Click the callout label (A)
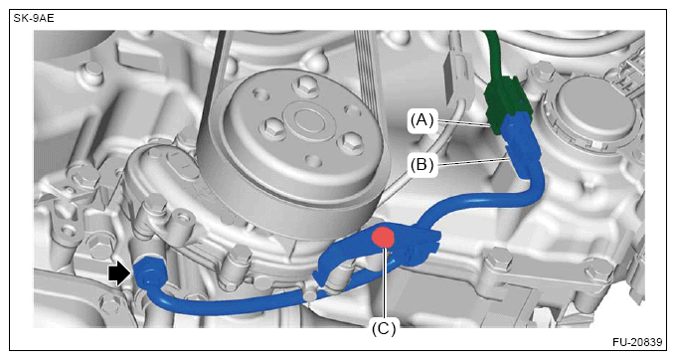[x=422, y=120]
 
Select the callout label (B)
[x=422, y=164]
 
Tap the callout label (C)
[x=384, y=329]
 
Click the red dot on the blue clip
[x=384, y=238]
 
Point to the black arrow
[x=119, y=274]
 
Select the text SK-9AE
[x=34, y=19]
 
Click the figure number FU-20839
[x=637, y=342]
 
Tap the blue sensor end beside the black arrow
[x=149, y=272]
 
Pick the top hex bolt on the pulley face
[x=303, y=84]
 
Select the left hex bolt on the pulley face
[x=271, y=127]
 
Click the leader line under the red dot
[x=384, y=283]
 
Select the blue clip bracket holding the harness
[x=380, y=250]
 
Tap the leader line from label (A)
[x=462, y=123]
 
